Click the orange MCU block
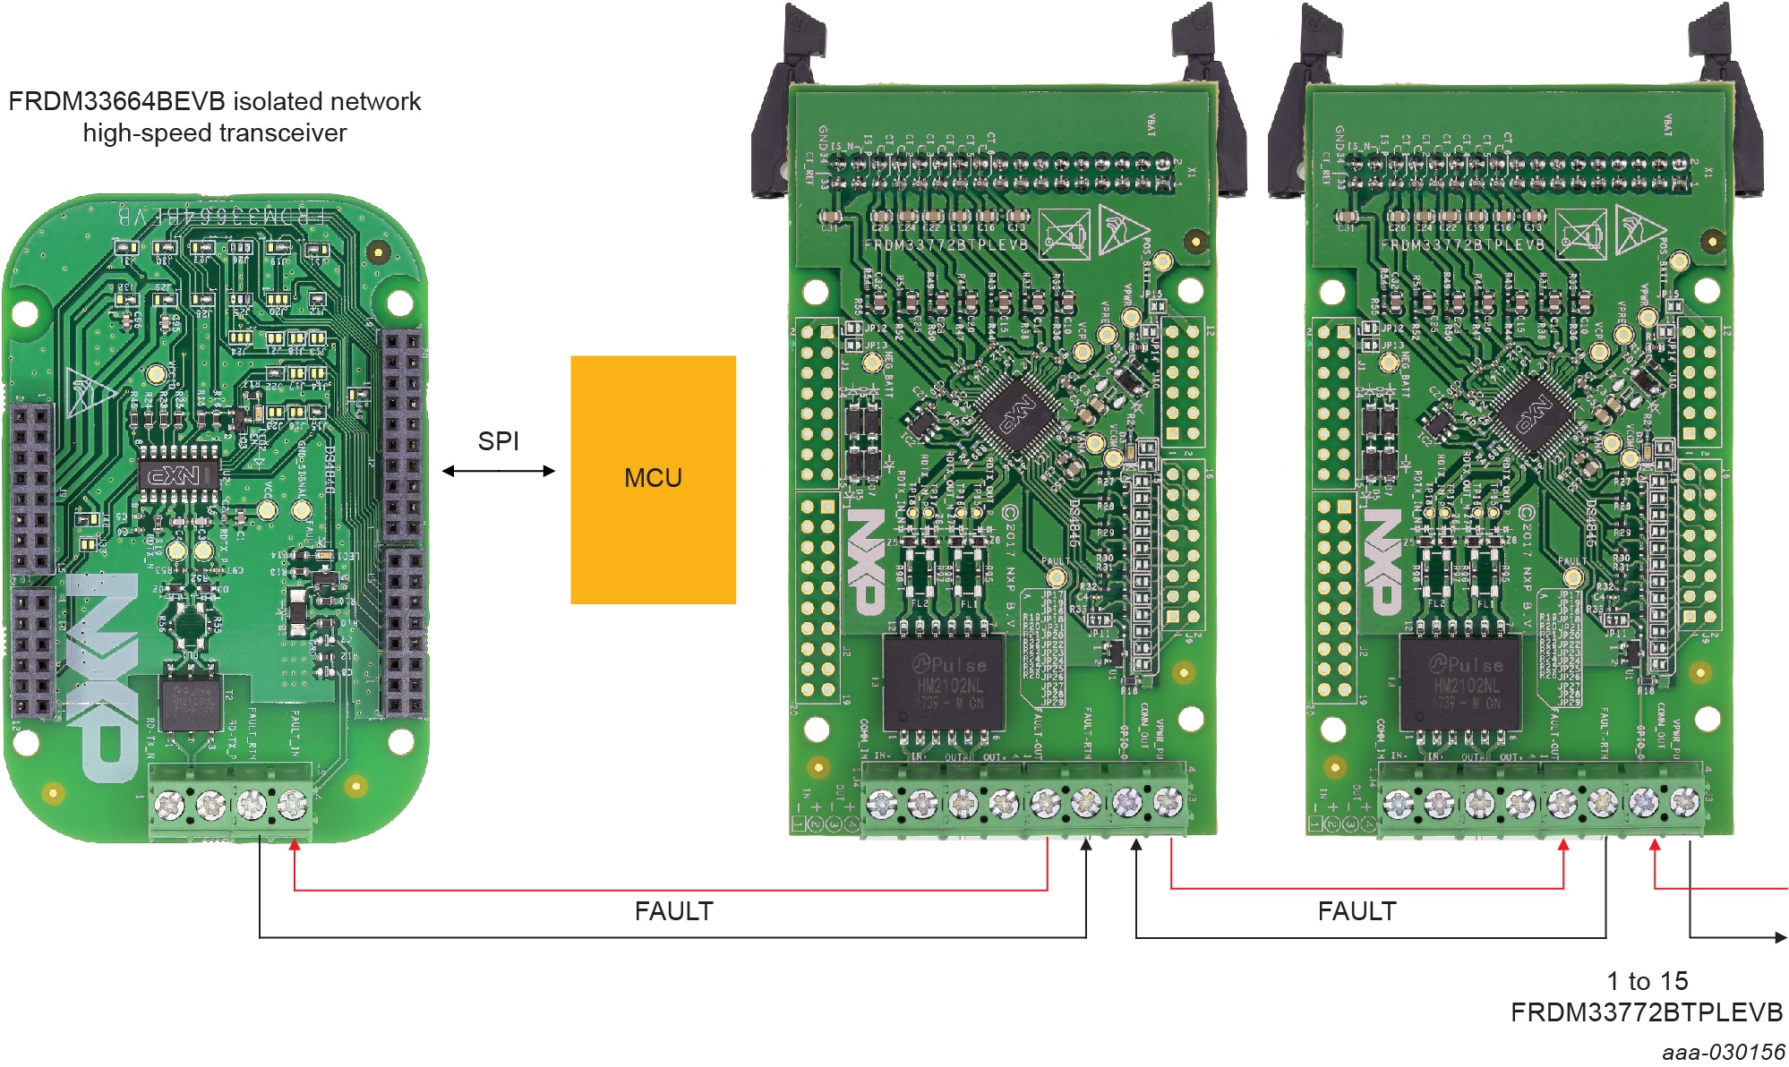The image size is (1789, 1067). [x=653, y=480]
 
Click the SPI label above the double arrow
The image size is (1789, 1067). [x=498, y=441]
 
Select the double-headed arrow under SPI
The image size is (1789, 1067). [x=498, y=471]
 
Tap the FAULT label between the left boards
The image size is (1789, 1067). [x=673, y=911]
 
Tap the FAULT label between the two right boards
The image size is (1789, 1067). [x=1357, y=911]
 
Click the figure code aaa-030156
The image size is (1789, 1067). [x=1724, y=1052]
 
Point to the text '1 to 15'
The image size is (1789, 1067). [x=1647, y=981]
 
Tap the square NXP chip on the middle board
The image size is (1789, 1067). [x=1017, y=415]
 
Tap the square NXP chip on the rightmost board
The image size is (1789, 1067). [x=1534, y=415]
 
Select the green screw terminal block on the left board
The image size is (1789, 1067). [x=231, y=803]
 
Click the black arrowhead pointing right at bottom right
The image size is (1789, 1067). [x=1780, y=937]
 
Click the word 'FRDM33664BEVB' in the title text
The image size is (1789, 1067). [x=116, y=102]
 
